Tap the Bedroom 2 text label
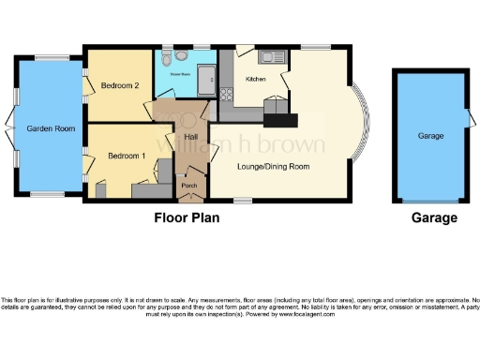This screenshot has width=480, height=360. [119, 85]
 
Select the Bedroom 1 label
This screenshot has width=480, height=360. [126, 155]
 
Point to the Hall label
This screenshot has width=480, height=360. [191, 137]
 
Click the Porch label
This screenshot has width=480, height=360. [188, 186]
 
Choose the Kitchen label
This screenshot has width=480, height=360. [256, 79]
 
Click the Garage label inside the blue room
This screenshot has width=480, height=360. [430, 137]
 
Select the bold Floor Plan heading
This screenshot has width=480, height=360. [187, 217]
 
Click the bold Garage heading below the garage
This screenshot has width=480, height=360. [434, 217]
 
